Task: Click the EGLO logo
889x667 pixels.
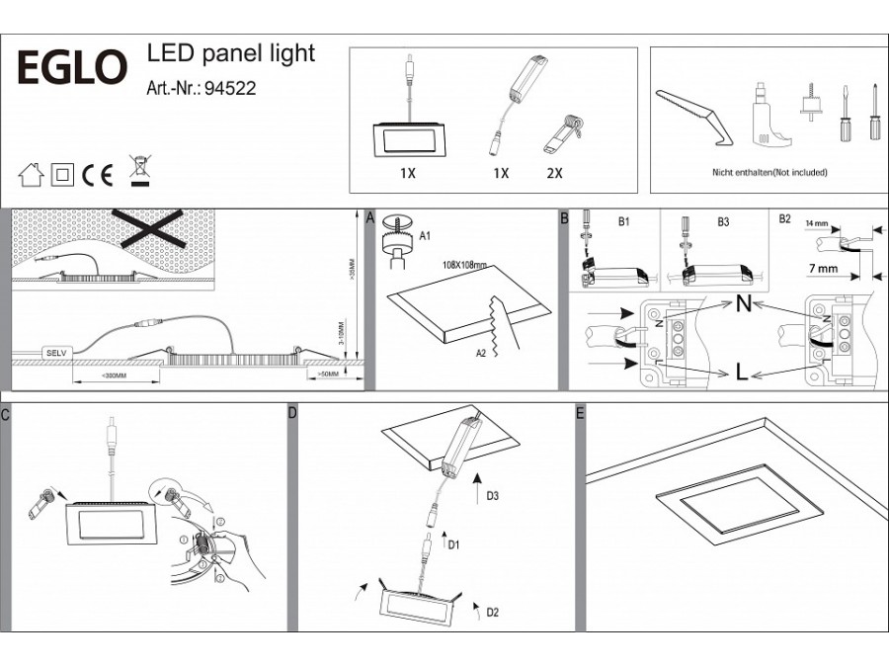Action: coord(74,67)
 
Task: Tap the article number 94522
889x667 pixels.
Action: coord(229,88)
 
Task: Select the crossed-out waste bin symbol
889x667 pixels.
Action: coord(139,171)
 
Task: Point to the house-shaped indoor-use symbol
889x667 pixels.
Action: coord(32,176)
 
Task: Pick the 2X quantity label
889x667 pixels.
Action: coord(553,173)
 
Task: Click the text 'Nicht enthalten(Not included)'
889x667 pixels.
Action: coord(769,173)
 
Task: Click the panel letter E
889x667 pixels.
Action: coord(580,412)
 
